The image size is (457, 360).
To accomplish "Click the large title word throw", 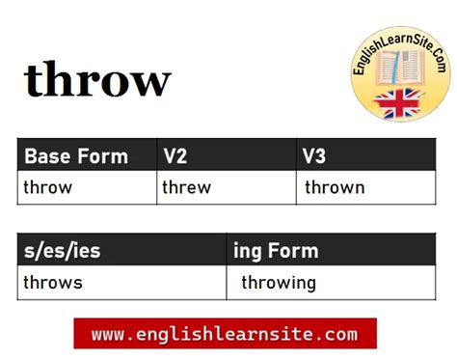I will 97,80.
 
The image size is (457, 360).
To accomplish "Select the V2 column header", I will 175,156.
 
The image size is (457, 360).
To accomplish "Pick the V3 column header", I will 315,156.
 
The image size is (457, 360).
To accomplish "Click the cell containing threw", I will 187,187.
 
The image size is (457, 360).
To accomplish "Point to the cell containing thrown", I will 335,187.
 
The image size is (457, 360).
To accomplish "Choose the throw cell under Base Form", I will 48,187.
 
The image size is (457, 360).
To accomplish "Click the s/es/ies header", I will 63,252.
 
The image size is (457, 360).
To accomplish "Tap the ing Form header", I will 276,252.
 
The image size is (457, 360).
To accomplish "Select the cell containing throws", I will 54,283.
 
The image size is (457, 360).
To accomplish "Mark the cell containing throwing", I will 279,283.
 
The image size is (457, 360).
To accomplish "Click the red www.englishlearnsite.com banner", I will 225,335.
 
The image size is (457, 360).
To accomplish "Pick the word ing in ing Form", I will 247,253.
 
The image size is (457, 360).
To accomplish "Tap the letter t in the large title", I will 36,81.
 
